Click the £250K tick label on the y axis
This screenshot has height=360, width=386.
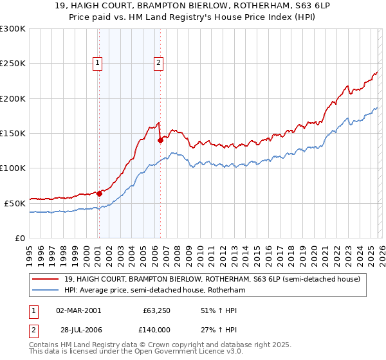coord(13,64)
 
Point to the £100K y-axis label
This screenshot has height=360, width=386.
coord(13,168)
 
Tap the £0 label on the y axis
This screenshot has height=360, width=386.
coord(19,238)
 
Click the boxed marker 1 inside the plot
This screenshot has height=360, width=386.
coord(98,63)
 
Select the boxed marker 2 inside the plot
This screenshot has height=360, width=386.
coord(158,63)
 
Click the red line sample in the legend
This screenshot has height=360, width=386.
coord(46,279)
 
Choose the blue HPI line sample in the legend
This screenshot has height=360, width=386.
coord(46,290)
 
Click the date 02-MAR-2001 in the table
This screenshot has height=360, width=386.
coord(78,310)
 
